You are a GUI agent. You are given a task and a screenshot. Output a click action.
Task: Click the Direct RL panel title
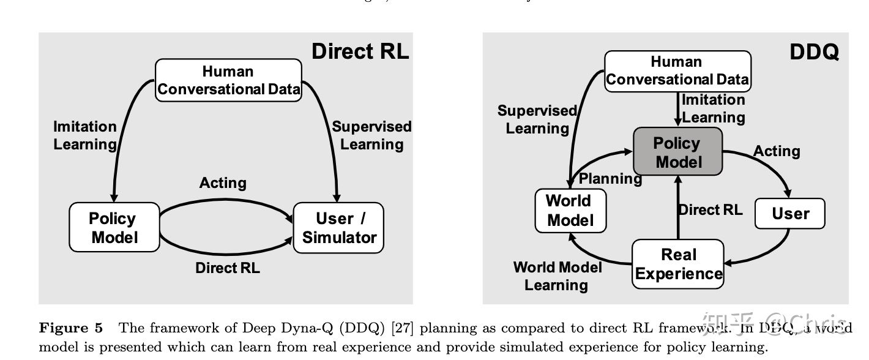tap(360, 51)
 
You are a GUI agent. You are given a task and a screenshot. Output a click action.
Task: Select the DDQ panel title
tap(814, 53)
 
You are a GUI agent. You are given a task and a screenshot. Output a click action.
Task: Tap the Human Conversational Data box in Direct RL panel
tap(228, 80)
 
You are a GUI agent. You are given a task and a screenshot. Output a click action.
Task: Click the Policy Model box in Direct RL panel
tap(114, 228)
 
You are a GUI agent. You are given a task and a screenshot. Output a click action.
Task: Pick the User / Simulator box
tap(339, 228)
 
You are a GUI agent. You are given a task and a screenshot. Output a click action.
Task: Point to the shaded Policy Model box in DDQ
tap(677, 152)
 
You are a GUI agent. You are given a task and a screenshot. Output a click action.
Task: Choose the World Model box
tap(570, 211)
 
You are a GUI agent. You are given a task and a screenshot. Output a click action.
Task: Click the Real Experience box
tap(678, 264)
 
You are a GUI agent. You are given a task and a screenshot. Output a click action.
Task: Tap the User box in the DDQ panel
tap(790, 214)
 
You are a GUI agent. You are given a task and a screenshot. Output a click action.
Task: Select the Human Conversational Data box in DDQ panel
tap(677, 71)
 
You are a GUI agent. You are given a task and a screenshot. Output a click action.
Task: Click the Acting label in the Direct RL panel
tap(223, 183)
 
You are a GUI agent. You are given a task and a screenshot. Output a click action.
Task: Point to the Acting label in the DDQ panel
tap(777, 151)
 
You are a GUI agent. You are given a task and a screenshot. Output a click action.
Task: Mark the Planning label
tap(610, 179)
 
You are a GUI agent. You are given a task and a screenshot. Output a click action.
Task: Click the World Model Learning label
tap(557, 276)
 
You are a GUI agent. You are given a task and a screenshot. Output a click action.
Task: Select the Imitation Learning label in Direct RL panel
tap(84, 135)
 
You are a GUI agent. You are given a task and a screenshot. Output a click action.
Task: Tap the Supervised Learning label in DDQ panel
tap(537, 119)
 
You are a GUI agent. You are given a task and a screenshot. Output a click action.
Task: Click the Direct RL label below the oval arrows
tap(228, 268)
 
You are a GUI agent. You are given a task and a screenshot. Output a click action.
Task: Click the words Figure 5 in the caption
tap(71, 328)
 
